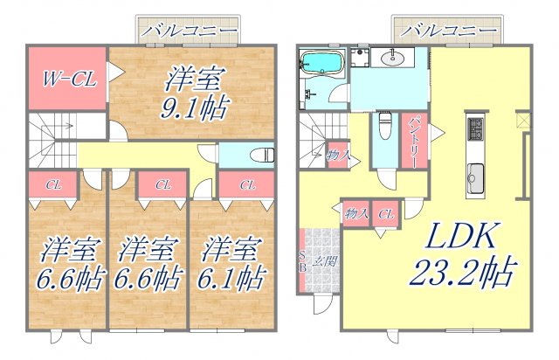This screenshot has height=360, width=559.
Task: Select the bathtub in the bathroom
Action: (321, 62)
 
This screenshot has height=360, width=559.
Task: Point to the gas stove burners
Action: (476, 129)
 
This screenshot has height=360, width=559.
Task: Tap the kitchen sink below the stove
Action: (476, 174)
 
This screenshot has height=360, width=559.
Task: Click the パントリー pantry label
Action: (415, 138)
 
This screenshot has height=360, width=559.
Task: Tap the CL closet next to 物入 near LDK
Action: (386, 212)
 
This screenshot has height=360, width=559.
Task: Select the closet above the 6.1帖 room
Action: (247, 184)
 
